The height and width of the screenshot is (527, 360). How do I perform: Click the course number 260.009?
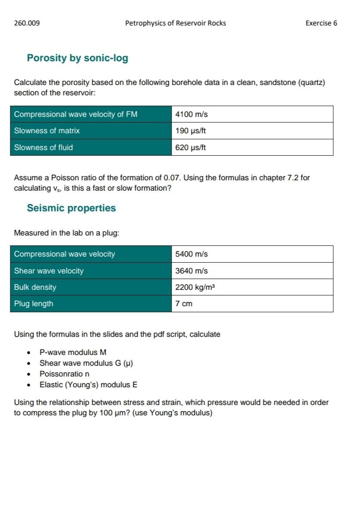point(27,23)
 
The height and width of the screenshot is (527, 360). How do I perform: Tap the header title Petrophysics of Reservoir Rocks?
point(175,23)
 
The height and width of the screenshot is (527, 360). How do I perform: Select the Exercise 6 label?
point(321,23)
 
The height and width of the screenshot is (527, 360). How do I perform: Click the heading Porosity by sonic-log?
point(78,58)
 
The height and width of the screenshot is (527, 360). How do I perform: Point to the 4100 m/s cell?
point(191,114)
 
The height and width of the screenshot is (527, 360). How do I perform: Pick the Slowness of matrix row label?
point(47,131)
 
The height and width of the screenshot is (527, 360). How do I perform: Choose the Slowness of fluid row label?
point(44,147)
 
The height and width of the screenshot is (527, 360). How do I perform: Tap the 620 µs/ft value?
point(191,147)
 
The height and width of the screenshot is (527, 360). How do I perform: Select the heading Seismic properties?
point(71,208)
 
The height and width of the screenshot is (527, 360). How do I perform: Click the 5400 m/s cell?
point(191,254)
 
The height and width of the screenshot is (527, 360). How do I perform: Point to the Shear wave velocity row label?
point(49,271)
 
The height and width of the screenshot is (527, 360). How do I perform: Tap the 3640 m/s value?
point(191,271)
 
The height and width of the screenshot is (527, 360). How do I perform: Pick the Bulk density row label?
point(35,287)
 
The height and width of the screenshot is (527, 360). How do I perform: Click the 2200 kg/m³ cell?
point(194,287)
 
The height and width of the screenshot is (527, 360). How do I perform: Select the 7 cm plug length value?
point(184,304)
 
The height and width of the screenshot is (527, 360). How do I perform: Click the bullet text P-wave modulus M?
point(73,352)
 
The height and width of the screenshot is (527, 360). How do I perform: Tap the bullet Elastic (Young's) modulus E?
point(88,385)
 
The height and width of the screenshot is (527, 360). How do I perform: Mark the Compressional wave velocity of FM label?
point(76,114)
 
